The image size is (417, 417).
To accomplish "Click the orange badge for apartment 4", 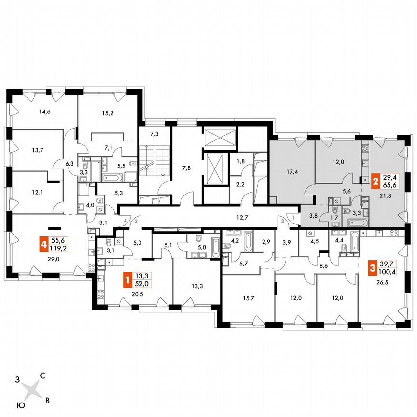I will [44, 245].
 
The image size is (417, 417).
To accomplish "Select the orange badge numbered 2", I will [375, 181].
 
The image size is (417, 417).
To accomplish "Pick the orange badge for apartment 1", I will [127, 279].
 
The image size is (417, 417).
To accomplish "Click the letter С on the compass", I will [42, 375].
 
